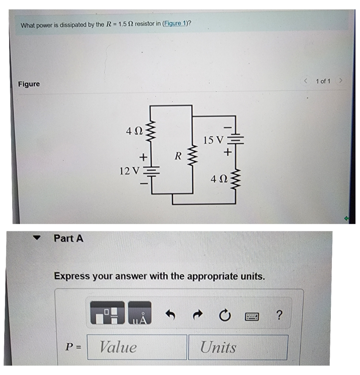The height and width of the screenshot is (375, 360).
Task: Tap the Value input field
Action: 137,347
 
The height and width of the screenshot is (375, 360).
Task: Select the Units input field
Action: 238,347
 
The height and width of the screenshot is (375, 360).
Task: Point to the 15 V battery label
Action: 214,140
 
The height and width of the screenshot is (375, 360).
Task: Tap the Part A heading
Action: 69,239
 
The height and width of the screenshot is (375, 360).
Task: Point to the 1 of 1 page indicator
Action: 323,81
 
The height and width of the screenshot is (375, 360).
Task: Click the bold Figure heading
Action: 29,84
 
